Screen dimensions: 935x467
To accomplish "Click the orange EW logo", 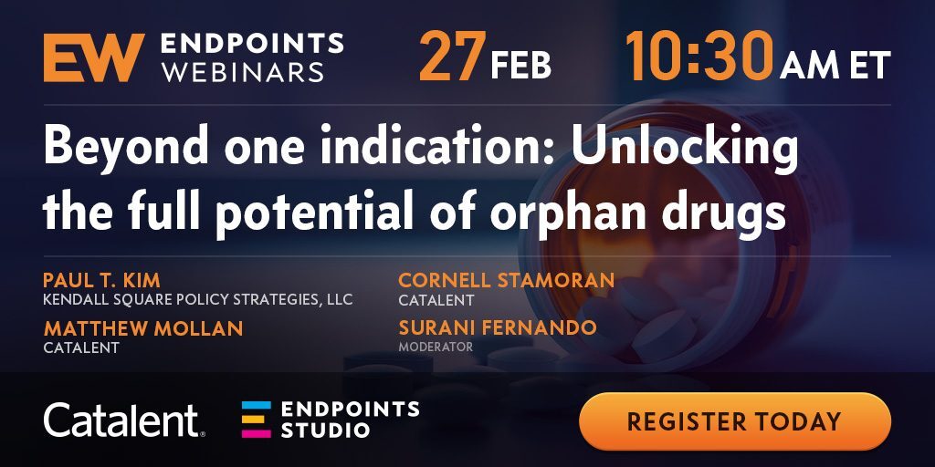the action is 94,57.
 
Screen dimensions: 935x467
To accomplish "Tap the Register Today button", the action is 735,421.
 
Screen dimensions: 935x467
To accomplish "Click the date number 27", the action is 453,57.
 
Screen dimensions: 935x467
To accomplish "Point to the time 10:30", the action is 699,56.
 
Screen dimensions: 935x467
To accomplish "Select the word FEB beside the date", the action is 520,65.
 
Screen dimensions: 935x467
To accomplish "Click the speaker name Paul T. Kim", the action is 102,280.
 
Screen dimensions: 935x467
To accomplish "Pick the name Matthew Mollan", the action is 143,328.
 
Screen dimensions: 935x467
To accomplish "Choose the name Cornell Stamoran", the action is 506,280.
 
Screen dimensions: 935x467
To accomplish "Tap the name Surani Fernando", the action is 498,327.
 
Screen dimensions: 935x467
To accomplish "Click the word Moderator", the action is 436,347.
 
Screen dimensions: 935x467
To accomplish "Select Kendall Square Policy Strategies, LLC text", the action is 198,299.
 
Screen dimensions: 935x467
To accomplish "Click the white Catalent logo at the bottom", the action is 124,420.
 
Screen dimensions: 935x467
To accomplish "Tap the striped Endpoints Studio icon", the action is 257,420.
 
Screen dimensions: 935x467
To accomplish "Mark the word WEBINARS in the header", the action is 243,72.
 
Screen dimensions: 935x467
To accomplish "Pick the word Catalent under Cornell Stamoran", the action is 436,300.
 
